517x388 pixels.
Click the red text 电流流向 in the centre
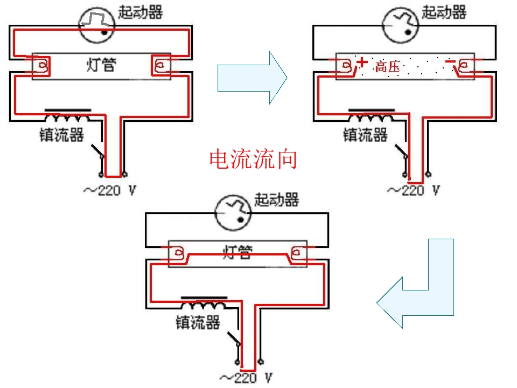253,159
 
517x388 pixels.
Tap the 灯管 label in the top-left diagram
101,65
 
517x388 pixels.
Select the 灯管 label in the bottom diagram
237,252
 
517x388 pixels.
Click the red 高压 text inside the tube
388,67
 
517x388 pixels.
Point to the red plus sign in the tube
362,62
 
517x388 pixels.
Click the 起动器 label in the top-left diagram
141,12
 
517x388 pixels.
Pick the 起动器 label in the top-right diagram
444,12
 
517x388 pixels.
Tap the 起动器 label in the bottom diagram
277,199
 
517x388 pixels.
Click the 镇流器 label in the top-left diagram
61,135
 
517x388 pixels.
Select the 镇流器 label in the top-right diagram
365,135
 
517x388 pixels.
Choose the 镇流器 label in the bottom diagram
198,322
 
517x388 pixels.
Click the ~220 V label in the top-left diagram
110,190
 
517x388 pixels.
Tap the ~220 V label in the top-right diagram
414,190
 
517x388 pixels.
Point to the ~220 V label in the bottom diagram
246,378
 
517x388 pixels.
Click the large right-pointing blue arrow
252,78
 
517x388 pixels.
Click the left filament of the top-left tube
43,65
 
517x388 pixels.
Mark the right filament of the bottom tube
296,253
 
